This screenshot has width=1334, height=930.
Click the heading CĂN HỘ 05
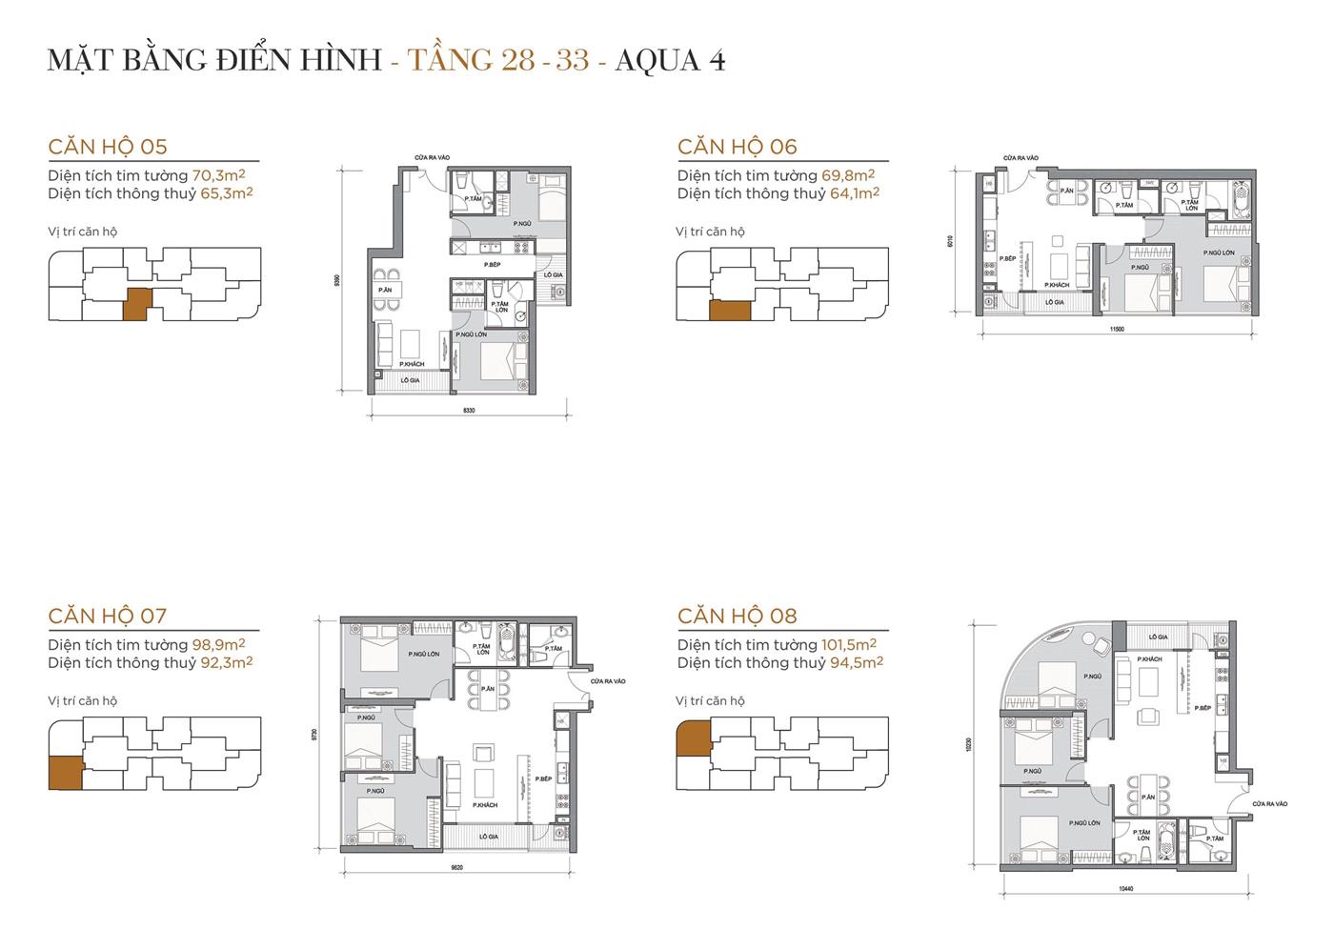[108, 146]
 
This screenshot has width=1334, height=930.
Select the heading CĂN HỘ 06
[737, 146]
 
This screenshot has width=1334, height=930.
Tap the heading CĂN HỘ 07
[108, 616]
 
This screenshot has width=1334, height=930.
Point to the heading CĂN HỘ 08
[737, 616]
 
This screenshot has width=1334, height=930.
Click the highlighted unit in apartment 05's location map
[137, 304]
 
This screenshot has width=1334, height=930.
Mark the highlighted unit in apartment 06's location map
[730, 311]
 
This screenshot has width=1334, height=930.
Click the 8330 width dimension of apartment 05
[468, 410]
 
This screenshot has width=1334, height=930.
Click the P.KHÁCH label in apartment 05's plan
[411, 364]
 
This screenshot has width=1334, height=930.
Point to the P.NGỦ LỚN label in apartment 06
[1219, 253]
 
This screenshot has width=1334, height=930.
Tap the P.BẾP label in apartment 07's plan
[544, 778]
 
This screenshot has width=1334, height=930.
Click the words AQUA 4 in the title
[670, 60]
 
